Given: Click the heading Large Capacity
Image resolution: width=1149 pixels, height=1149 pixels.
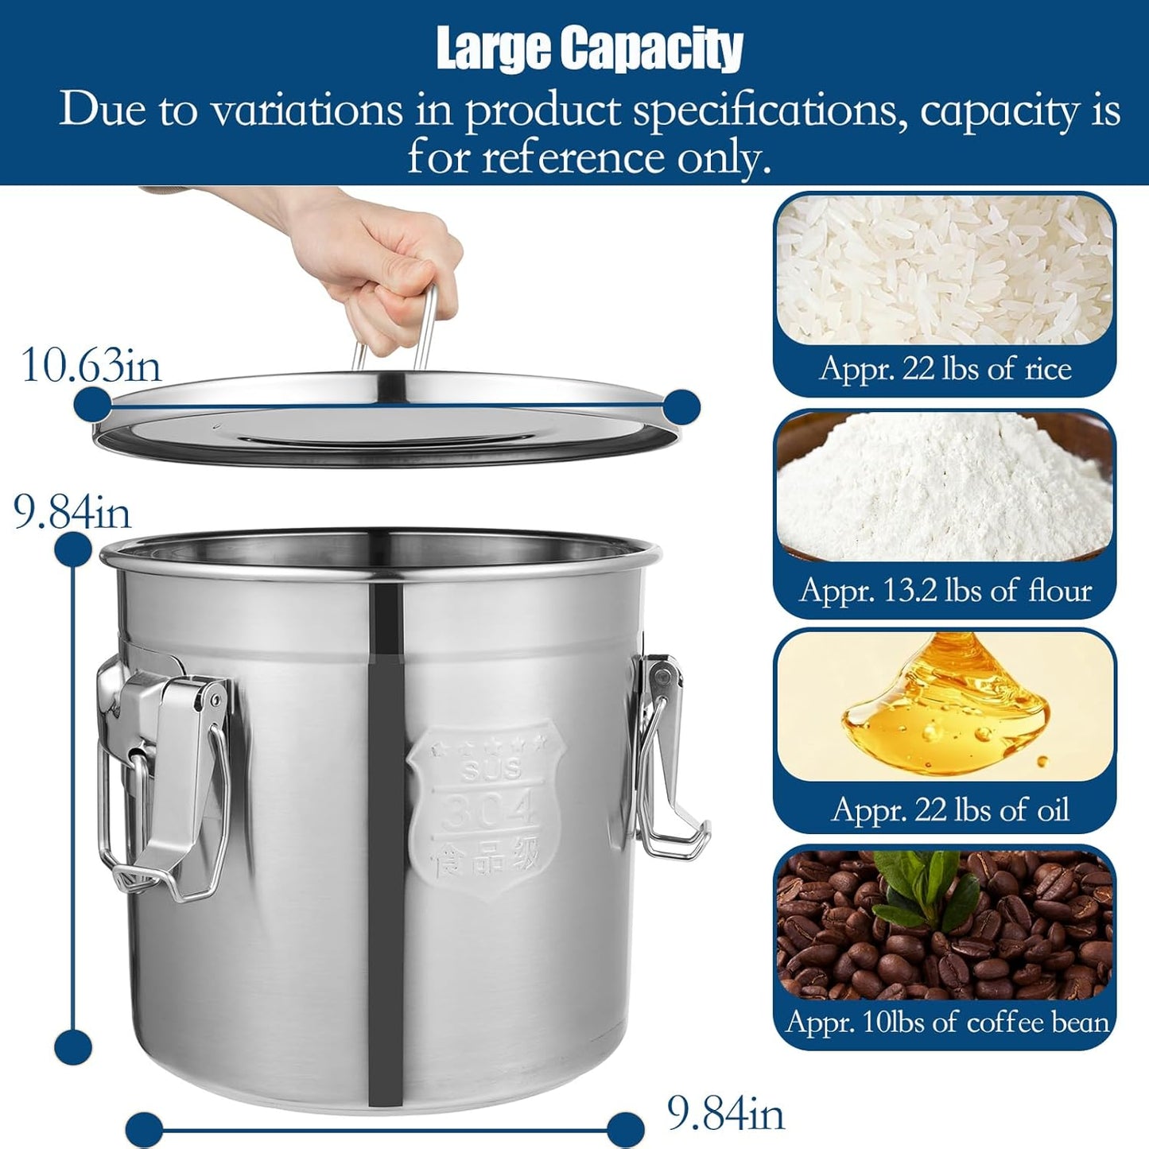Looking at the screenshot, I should coord(589,49).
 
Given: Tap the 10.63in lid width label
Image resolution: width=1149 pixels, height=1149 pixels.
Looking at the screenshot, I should coord(91,366).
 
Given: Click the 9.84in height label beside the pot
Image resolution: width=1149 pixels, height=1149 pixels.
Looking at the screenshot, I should coord(72,511).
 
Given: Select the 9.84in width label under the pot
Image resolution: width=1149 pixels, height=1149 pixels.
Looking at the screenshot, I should coord(725,1113).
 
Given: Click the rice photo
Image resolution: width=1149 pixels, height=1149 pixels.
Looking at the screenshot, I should coord(945,270).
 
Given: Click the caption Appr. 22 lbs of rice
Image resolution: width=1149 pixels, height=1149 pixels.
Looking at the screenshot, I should coord(945,369).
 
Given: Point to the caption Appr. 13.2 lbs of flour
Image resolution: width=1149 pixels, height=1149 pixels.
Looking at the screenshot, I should coord(945,591).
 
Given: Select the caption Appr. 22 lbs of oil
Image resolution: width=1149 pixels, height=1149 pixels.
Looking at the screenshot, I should coord(949,810).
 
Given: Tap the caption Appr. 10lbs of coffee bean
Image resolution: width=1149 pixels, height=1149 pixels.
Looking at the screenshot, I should coord(946,1023).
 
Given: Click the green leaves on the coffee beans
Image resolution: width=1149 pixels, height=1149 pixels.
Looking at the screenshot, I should coord(922,883).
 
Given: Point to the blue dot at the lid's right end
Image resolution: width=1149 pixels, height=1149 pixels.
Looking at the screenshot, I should coord(680,406).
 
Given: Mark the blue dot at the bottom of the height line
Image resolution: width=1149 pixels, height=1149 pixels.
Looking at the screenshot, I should coord(73,1046).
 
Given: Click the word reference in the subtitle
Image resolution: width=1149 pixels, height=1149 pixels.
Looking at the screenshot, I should coord(573,157).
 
